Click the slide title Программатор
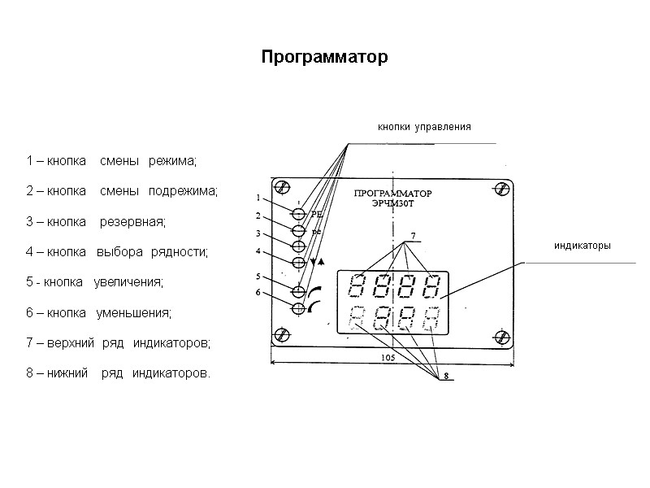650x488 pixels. (325, 59)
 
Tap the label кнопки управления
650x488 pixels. (423, 128)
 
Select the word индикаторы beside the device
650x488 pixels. (582, 246)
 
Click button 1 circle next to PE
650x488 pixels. (298, 214)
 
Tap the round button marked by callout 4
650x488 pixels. (298, 262)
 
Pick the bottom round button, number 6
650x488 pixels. (298, 307)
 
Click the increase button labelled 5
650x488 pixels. (298, 291)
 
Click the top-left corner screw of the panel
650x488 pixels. (282, 188)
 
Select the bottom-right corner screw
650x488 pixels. (501, 335)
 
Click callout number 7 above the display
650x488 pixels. (412, 237)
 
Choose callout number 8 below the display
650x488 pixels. (445, 376)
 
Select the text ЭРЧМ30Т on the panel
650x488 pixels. (392, 205)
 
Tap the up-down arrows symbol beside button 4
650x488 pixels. (317, 262)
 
